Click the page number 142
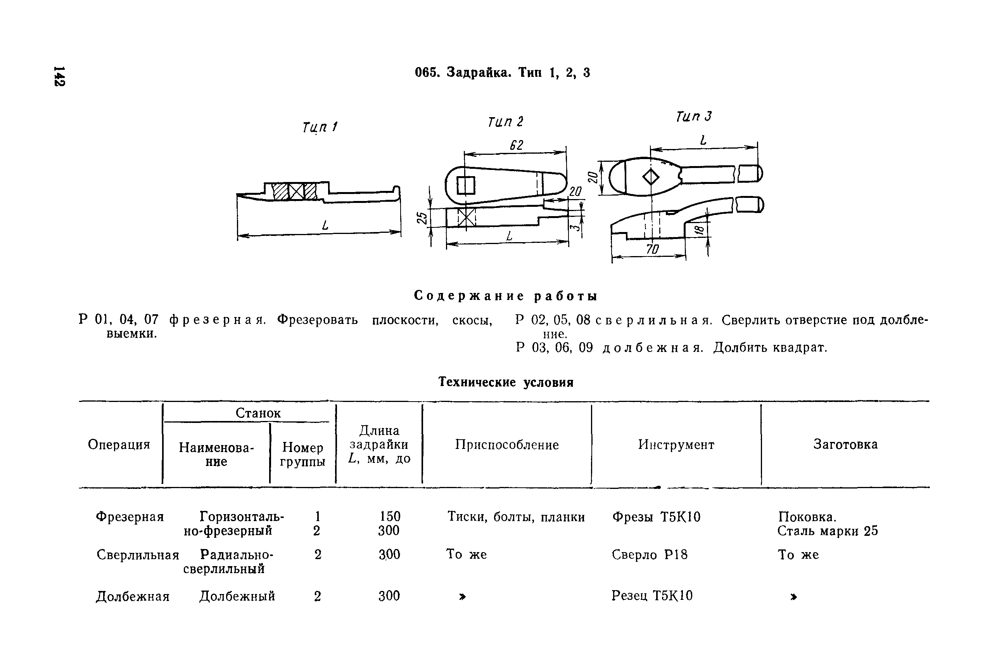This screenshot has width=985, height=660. [59, 76]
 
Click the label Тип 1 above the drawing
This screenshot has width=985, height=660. [320, 127]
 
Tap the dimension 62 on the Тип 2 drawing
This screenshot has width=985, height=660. [516, 145]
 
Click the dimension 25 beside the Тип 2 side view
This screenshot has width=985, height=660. [421, 218]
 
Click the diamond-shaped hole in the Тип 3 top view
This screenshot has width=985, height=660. [651, 177]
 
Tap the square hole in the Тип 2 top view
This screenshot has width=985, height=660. [466, 185]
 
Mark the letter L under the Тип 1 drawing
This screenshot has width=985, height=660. [325, 226]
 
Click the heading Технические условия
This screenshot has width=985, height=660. [506, 382]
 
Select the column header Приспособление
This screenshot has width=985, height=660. [507, 445]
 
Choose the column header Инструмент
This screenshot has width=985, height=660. [676, 445]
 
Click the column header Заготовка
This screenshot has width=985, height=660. [845, 445]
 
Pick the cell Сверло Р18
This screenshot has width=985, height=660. [650, 555]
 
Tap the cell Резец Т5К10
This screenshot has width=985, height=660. [651, 596]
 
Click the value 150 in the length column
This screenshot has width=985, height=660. [390, 516]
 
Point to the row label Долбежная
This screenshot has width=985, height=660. [133, 596]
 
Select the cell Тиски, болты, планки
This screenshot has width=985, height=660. [516, 517]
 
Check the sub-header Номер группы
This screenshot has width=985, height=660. [302, 454]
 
